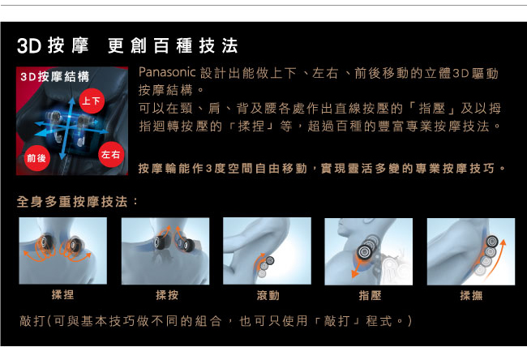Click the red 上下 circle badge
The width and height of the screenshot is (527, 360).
point(92,101)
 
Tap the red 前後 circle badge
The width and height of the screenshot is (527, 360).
point(36,158)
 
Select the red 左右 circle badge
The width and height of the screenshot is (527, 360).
point(111,155)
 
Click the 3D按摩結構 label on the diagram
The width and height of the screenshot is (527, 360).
point(55,77)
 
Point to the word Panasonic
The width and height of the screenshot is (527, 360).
point(167,72)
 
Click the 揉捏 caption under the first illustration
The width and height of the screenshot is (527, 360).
point(63,294)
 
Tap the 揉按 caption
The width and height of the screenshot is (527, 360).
point(167,295)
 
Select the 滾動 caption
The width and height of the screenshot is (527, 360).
point(268,295)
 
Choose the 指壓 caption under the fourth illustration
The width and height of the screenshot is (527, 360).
point(370,295)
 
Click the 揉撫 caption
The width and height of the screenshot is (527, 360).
point(471,295)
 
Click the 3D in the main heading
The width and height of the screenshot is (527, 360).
point(29,45)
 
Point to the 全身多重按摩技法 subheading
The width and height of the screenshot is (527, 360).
point(72,202)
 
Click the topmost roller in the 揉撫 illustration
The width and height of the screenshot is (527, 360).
point(492,241)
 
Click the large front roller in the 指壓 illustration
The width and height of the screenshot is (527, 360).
point(365,252)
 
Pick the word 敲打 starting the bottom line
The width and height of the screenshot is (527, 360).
point(32,320)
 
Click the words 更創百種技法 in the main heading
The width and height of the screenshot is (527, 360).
point(173,45)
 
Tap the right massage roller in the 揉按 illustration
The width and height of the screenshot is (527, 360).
point(189,245)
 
